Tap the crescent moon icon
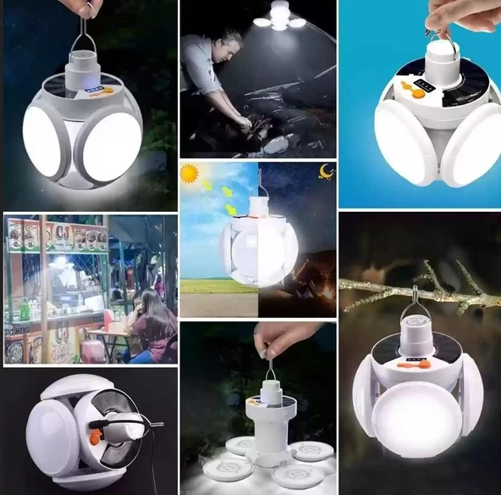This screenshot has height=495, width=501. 325,172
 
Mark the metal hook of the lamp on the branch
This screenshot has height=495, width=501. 417,301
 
